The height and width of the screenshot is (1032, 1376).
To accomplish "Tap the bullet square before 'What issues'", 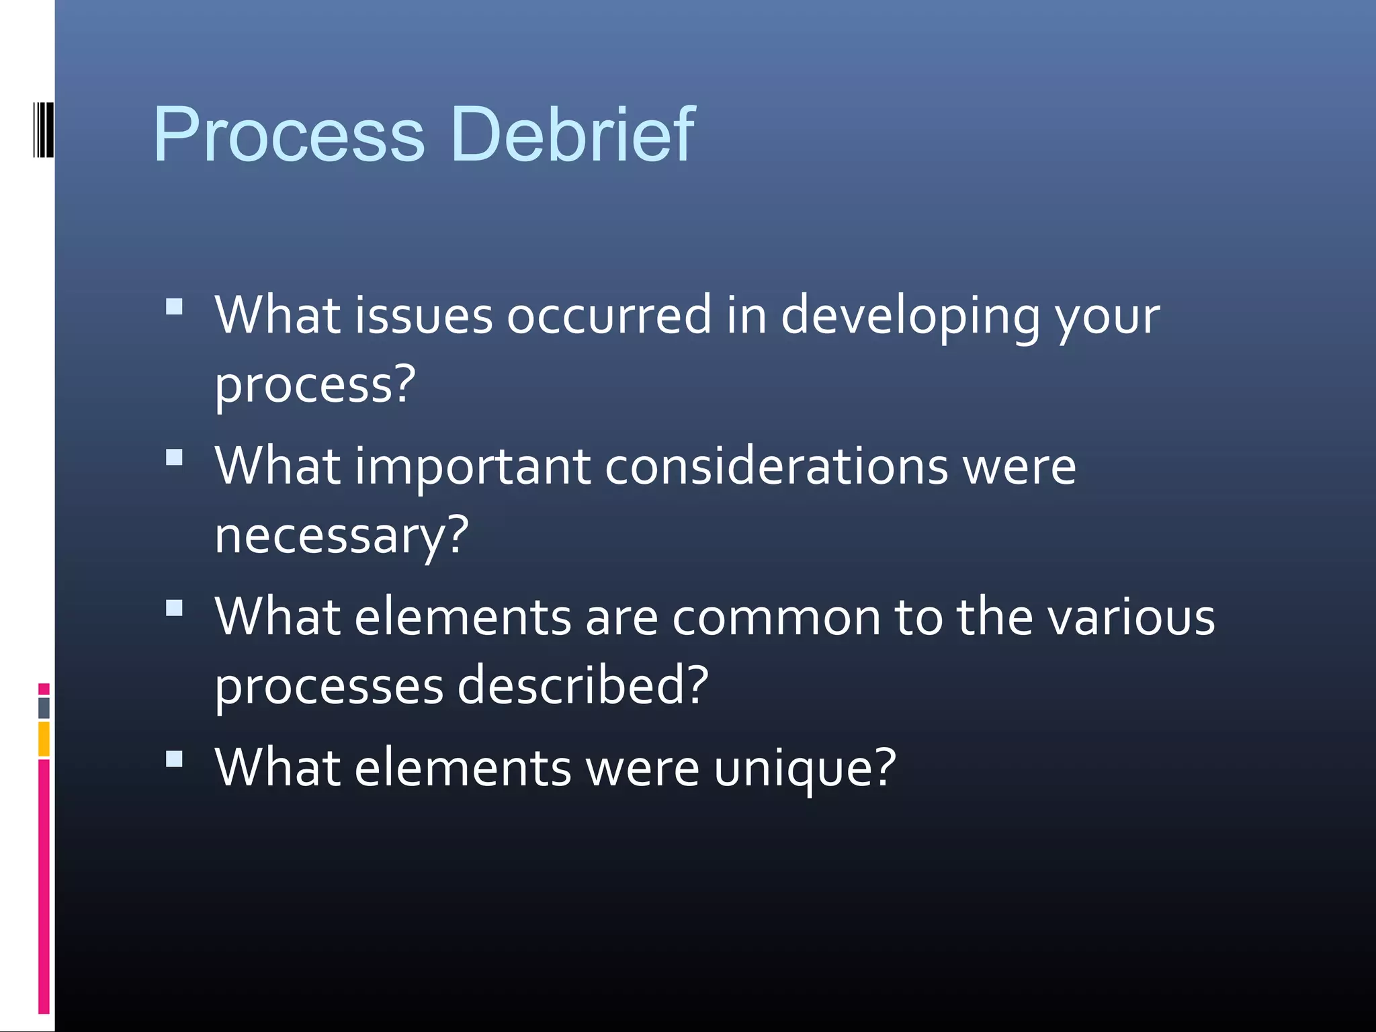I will pyautogui.click(x=174, y=307).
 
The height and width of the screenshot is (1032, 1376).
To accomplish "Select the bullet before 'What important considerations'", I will pyautogui.click(x=174, y=458).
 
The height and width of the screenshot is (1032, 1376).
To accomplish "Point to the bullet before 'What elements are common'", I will pyautogui.click(x=174, y=608).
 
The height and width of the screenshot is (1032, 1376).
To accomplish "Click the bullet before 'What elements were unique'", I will pyautogui.click(x=174, y=759).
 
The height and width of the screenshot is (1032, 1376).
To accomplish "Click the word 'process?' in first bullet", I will pyautogui.click(x=315, y=386).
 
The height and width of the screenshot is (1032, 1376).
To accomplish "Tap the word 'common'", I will pyautogui.click(x=776, y=618).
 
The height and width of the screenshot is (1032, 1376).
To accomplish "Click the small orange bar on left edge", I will pyautogui.click(x=44, y=738).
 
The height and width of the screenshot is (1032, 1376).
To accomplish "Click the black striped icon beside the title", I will pyautogui.click(x=43, y=130).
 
